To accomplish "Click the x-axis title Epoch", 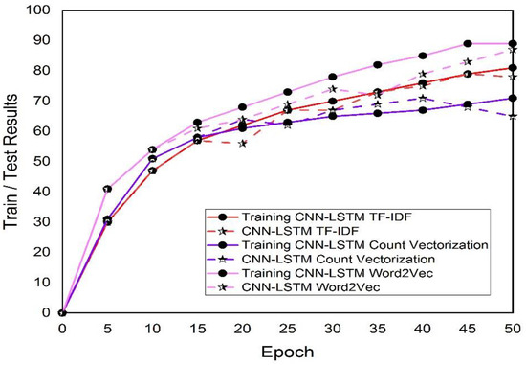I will pyautogui.click(x=287, y=354).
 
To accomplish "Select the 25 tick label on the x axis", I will pyautogui.click(x=288, y=328).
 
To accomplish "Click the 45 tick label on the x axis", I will pyautogui.click(x=467, y=328).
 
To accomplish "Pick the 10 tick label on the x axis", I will pyautogui.click(x=152, y=328).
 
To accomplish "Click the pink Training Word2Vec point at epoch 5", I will pyautogui.click(x=107, y=189).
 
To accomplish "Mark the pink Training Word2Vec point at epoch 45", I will pyautogui.click(x=468, y=43).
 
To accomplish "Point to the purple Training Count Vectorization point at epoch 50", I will pyautogui.click(x=513, y=98).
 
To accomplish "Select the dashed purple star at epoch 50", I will pyautogui.click(x=513, y=116).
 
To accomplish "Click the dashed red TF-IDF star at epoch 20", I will pyautogui.click(x=242, y=143).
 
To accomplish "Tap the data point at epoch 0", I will pyautogui.click(x=62, y=312).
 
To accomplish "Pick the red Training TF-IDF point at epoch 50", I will pyautogui.click(x=513, y=67).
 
